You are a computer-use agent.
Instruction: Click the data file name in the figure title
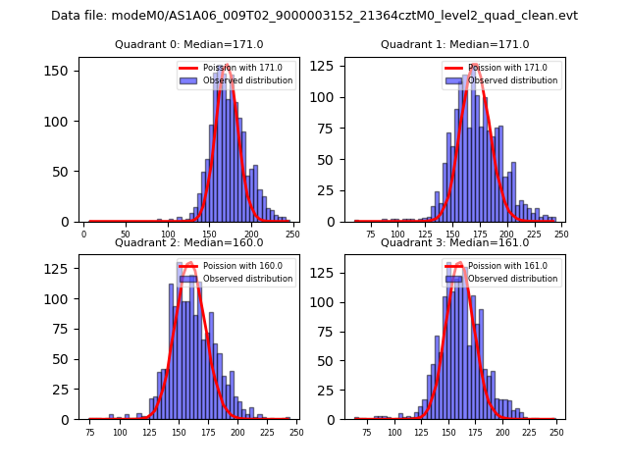(x=314, y=16)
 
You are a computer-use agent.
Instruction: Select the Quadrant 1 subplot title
(x=454, y=44)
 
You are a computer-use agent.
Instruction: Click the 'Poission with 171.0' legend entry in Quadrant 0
(x=235, y=68)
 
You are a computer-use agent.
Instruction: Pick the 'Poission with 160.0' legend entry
(x=235, y=266)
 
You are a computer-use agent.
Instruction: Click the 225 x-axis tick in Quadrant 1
(x=533, y=235)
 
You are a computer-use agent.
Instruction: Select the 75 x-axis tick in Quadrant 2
(x=89, y=433)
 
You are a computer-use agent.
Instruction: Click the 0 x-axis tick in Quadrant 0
(x=84, y=235)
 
